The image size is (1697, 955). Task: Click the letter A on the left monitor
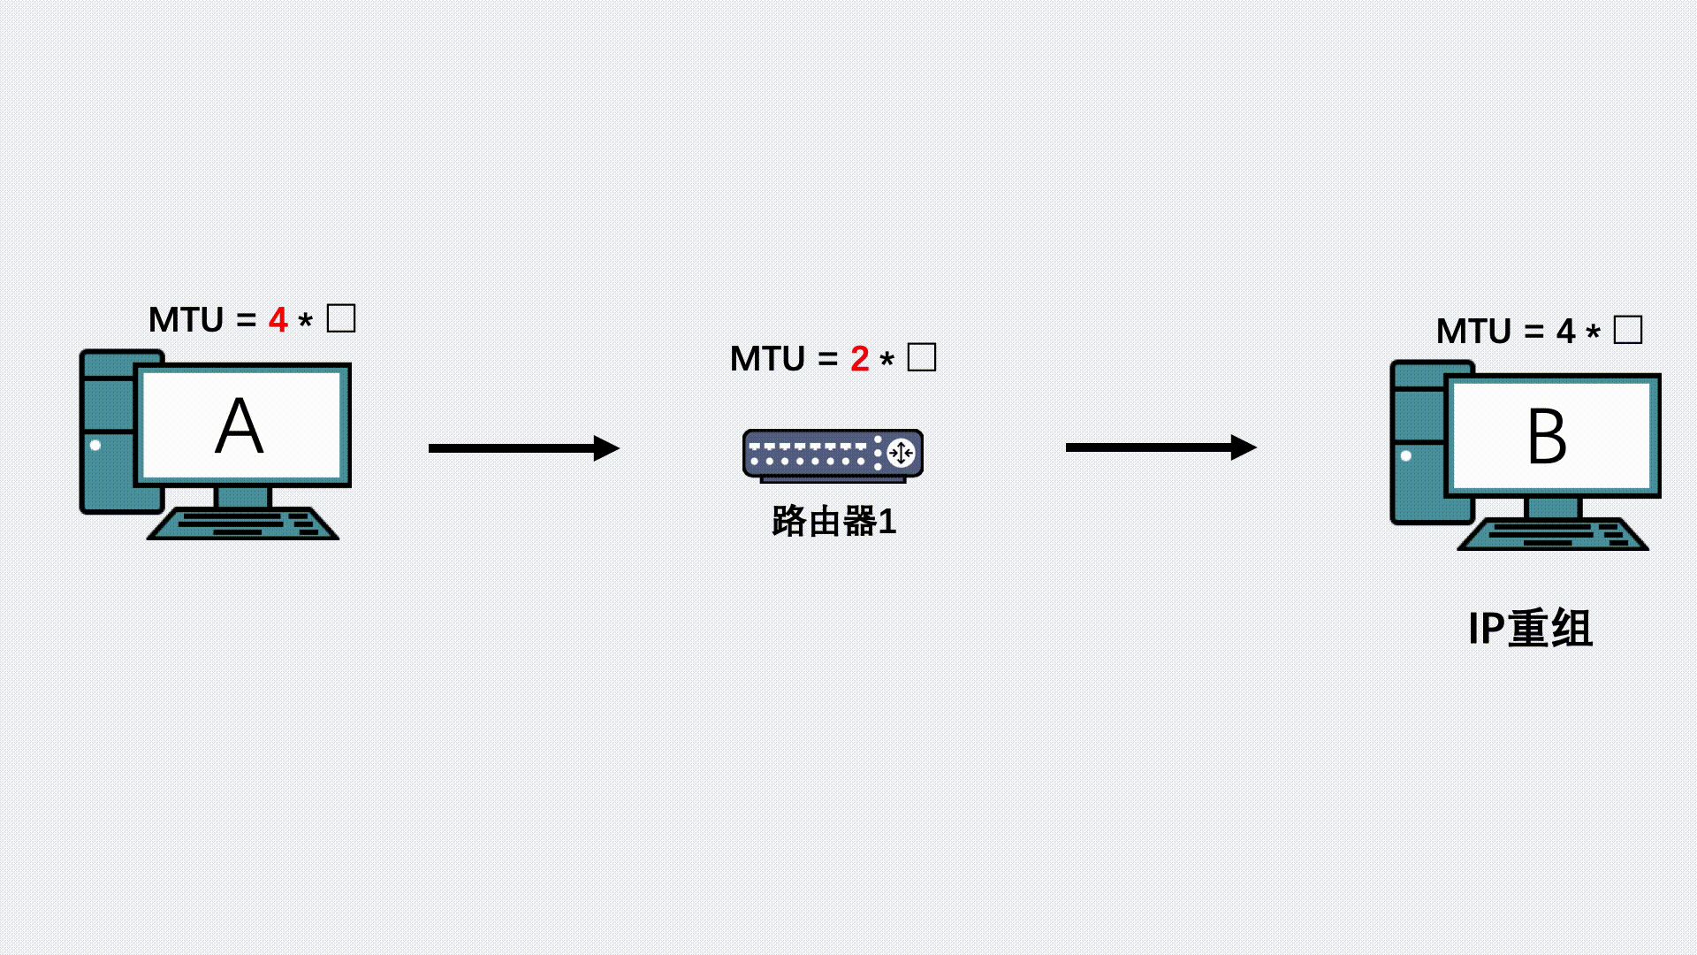(x=240, y=426)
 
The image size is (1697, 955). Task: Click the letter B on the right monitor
(x=1547, y=436)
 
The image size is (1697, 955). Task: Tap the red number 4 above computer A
(x=278, y=320)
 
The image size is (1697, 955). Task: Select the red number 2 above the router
(x=860, y=359)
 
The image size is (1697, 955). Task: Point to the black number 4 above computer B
(x=1565, y=332)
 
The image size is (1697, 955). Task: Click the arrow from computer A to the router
(x=524, y=448)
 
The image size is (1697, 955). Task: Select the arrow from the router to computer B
(x=1161, y=447)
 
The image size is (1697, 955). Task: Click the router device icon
(x=833, y=455)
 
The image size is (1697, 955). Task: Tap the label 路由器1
(x=834, y=522)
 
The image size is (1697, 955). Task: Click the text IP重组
(x=1530, y=629)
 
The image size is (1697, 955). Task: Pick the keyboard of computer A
(x=243, y=523)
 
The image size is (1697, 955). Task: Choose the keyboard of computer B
(x=1553, y=534)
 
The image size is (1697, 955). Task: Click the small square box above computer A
(x=341, y=318)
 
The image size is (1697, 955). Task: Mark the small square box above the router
(x=922, y=357)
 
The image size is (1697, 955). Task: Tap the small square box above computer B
(x=1628, y=330)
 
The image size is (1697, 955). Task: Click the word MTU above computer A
(x=186, y=320)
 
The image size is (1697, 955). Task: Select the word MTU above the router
(x=767, y=359)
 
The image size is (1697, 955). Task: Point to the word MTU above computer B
(x=1473, y=332)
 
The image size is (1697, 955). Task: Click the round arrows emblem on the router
(x=901, y=454)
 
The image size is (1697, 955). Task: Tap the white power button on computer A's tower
(x=95, y=445)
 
